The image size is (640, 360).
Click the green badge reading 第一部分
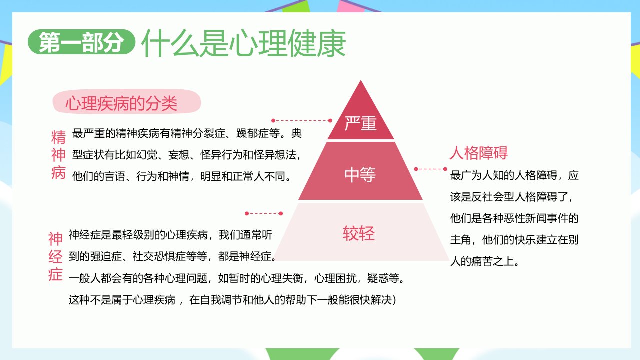tap(81, 42)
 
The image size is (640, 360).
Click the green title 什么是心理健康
tap(243, 43)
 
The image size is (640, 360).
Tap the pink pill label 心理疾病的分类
tap(127, 102)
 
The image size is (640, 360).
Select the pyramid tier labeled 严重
tap(361, 120)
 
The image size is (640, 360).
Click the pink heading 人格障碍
tap(479, 153)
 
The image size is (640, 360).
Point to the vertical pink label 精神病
tap(58, 155)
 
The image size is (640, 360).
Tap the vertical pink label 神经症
tap(55, 257)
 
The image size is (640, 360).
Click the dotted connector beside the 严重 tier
tap(301, 121)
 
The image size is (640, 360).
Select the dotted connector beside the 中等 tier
tap(431, 169)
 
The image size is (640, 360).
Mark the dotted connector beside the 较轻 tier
tap(264, 213)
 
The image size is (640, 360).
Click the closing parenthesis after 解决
tap(395, 300)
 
